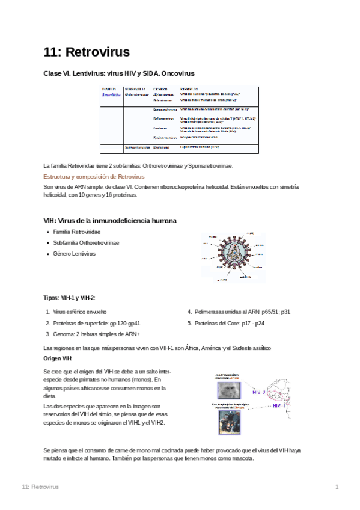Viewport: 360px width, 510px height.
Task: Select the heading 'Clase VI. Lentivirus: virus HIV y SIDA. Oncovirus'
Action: (x=119, y=73)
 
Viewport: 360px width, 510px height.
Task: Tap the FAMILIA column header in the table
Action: (x=108, y=88)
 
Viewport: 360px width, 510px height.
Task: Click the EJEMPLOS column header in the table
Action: (x=189, y=88)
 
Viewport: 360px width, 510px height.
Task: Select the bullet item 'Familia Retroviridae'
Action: (x=76, y=232)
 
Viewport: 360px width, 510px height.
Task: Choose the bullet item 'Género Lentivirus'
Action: (x=74, y=253)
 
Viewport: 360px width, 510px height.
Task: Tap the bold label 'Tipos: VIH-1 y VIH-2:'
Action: (x=70, y=298)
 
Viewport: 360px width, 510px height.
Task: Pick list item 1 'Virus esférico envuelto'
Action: (x=79, y=312)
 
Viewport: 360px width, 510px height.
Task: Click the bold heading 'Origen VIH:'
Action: (x=58, y=358)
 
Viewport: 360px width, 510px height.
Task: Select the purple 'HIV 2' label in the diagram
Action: (x=259, y=392)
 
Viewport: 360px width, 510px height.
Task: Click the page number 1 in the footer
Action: (x=337, y=486)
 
